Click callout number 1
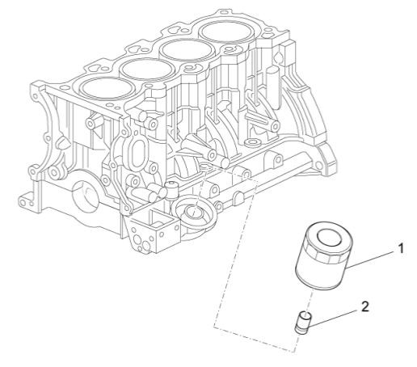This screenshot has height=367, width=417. pyautogui.click(x=400, y=251)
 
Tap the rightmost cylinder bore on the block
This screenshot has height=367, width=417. pyautogui.click(x=228, y=33)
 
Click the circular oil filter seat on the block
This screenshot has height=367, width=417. pyautogui.click(x=193, y=213)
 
